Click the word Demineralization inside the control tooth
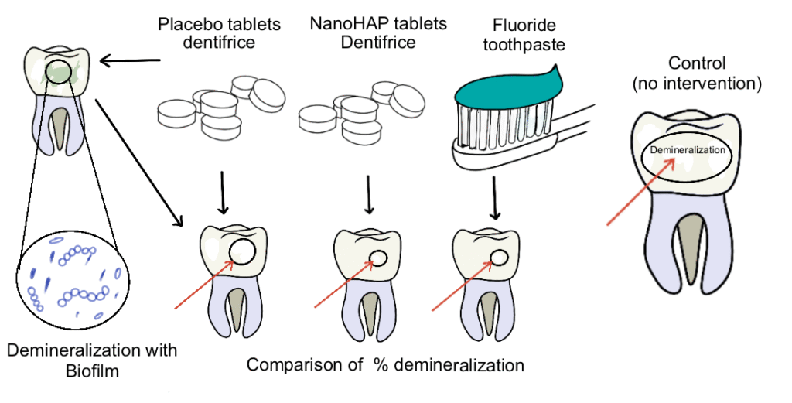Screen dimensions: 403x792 (x=688, y=150)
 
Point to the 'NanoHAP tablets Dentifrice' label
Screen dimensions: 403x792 (x=378, y=32)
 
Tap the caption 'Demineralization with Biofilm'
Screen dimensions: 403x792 (x=92, y=360)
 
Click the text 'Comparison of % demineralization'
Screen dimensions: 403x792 (x=385, y=364)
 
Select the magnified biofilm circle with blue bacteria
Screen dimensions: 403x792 (x=73, y=278)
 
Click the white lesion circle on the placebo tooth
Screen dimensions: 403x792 (x=244, y=252)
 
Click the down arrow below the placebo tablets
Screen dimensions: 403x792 (x=223, y=194)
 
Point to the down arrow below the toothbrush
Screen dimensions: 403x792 (x=494, y=195)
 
